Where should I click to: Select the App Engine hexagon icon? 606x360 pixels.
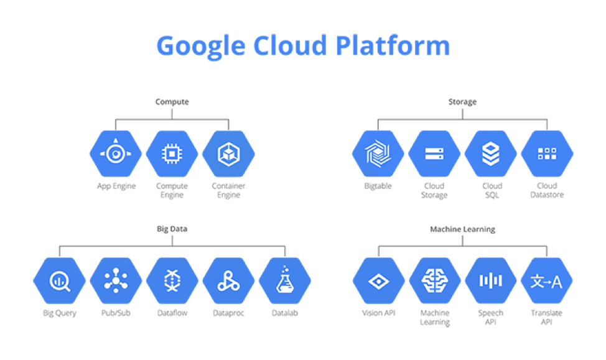(116, 154)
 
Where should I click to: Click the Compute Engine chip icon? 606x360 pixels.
(172, 154)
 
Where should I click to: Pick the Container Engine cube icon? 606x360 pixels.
(228, 154)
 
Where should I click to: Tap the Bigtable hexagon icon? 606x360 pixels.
(378, 154)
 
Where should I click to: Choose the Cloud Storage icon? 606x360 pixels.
(434, 154)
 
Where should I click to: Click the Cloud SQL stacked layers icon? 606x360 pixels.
(491, 154)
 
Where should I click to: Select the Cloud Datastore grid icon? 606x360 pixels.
(547, 154)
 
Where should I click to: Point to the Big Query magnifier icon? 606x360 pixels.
(60, 281)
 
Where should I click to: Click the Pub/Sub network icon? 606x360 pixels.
(116, 281)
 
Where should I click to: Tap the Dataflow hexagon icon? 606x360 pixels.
(172, 281)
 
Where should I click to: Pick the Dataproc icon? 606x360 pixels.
(228, 281)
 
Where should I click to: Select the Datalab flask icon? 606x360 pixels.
(285, 281)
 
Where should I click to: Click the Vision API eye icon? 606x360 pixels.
(378, 281)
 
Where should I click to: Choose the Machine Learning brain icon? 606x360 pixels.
(434, 281)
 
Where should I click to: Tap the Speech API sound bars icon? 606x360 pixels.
(491, 281)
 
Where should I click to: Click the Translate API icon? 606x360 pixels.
(547, 281)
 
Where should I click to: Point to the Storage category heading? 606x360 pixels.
(462, 101)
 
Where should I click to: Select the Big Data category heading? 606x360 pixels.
(172, 229)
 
